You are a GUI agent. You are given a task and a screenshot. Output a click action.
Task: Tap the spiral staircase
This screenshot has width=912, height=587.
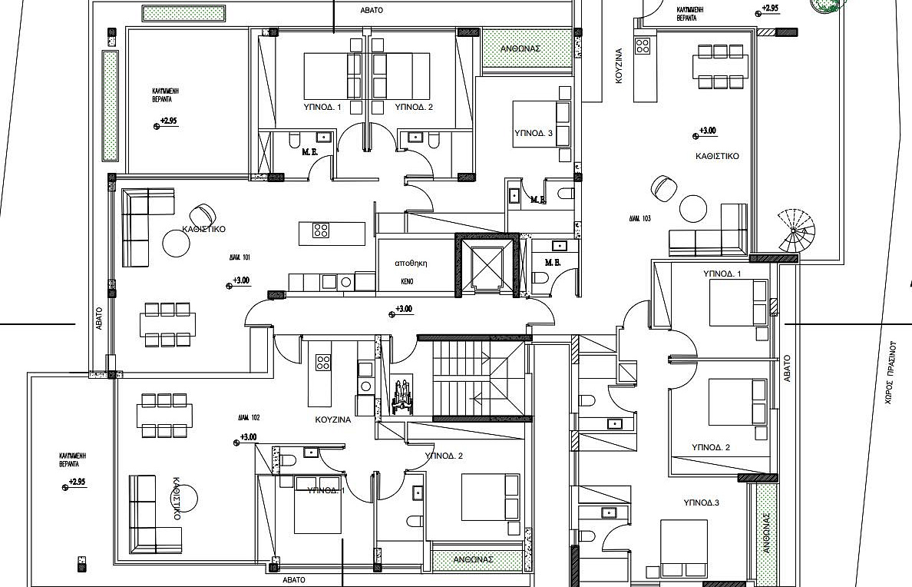point(798,230)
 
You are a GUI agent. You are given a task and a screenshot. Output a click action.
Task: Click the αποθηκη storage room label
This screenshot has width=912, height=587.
point(411,263)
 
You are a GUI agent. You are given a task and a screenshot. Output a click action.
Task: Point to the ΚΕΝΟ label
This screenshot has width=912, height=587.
point(407,282)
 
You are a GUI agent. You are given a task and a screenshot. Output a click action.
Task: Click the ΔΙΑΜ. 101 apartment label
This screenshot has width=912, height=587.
point(240,258)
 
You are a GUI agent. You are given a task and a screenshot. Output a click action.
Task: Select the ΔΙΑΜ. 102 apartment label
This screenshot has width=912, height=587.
point(249,418)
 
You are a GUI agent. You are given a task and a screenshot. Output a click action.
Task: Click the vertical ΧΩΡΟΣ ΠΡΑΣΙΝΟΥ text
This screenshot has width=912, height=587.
point(891,373)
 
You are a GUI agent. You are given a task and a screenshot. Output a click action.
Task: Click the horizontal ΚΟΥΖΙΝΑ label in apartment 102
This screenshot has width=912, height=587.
point(333,420)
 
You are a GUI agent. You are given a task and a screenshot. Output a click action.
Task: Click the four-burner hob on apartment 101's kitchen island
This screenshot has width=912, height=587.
point(321,230)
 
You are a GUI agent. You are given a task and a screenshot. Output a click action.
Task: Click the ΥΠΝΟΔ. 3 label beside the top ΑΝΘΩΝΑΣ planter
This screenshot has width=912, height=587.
point(534,133)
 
